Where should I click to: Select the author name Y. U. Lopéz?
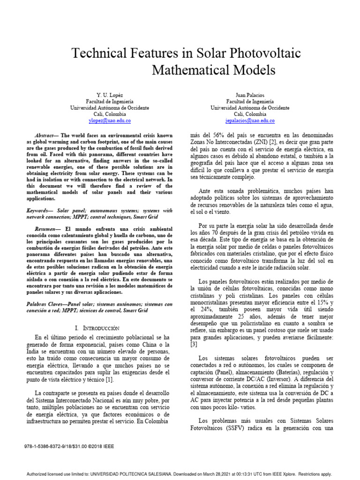[109, 95]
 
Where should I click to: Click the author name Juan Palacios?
[250, 95]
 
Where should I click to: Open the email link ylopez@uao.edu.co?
[109, 120]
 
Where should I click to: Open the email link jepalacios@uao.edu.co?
[250, 120]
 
